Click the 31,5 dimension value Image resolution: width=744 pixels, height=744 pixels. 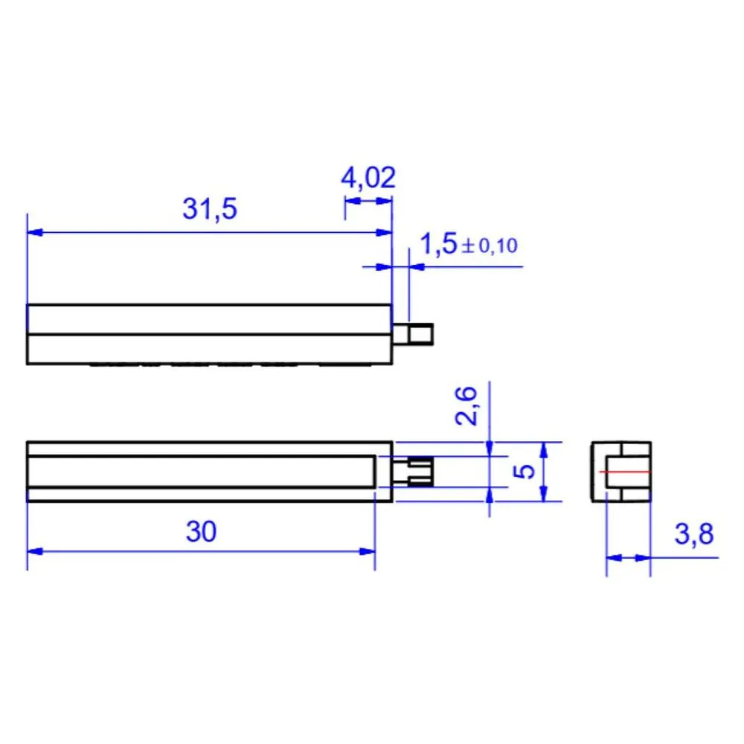click(x=209, y=209)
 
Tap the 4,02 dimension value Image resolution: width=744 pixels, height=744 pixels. click(x=368, y=178)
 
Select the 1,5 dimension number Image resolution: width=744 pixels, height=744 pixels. click(x=438, y=244)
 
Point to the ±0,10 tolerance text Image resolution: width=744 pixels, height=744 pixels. click(x=490, y=246)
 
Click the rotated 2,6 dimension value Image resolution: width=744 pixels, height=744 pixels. click(x=466, y=405)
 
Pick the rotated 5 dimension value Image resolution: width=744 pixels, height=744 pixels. click(x=525, y=472)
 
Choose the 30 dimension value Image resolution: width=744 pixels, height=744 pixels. click(x=201, y=531)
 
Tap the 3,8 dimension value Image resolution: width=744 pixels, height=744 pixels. click(x=693, y=533)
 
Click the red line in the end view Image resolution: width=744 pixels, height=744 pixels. click(x=624, y=472)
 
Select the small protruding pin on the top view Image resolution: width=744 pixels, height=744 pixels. click(x=413, y=334)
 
